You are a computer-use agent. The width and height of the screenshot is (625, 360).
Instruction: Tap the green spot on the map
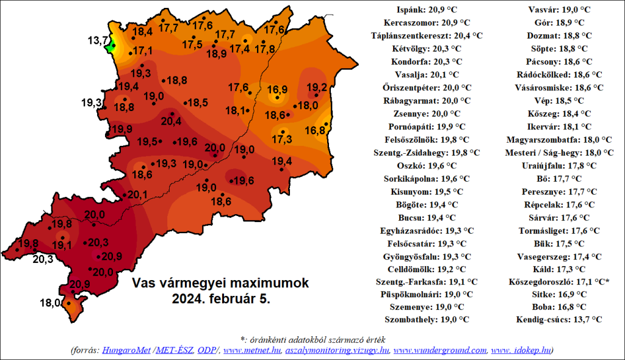click(x=111, y=45)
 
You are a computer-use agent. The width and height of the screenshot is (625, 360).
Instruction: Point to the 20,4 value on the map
click(x=170, y=122)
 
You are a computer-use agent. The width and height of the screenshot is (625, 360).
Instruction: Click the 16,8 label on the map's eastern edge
click(x=314, y=130)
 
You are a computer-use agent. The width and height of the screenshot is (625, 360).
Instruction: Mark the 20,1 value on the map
click(x=137, y=195)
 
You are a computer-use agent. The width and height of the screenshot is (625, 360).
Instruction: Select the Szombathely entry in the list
click(x=427, y=319)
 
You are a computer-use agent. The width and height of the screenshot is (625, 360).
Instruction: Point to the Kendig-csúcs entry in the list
click(x=558, y=319)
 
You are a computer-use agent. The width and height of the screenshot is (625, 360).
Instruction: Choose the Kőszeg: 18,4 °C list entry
click(x=558, y=113)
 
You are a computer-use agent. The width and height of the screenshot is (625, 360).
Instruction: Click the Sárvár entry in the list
click(x=558, y=217)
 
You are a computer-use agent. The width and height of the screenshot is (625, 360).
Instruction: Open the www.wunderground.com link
click(x=440, y=350)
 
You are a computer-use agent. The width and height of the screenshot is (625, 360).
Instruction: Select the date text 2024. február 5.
click(x=221, y=299)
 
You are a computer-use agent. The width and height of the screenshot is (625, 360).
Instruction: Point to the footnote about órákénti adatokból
click(x=312, y=339)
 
